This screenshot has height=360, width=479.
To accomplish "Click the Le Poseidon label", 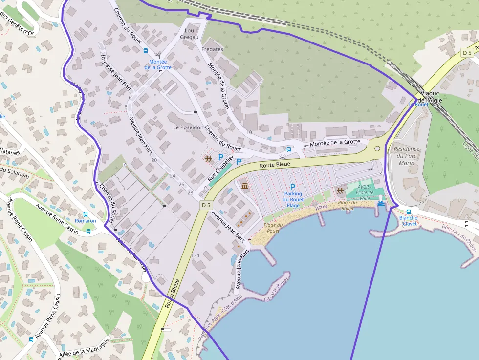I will click(188, 127).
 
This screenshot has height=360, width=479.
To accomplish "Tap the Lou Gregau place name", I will click(190, 33).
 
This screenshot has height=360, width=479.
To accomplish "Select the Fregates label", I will click(212, 49).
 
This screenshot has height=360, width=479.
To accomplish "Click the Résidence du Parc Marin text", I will click(407, 156).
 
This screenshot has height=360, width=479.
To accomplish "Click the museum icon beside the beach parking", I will click(244, 186).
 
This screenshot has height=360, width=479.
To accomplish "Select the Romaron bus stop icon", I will click(86, 214).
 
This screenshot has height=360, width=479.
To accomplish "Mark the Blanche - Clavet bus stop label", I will click(408, 220).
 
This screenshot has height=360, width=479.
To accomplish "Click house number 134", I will click(196, 255).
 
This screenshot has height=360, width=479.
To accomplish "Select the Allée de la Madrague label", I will click(83, 347).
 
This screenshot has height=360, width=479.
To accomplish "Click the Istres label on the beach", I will click(321, 207).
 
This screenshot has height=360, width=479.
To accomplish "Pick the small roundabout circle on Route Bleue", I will click(377, 148).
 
